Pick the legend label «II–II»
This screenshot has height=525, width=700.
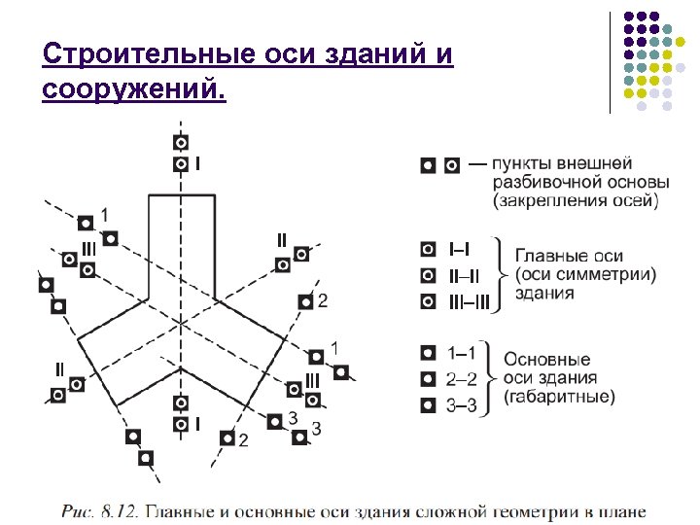point(465,276)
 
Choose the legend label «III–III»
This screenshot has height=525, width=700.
point(472,301)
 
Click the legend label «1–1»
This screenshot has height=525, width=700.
point(461,353)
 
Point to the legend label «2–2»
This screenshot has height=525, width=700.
point(461,379)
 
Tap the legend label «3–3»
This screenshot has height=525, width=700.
point(461,404)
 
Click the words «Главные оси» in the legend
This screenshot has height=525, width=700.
point(569,256)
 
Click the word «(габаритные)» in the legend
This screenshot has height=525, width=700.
point(559,397)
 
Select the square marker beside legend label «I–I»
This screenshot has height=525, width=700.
point(428,251)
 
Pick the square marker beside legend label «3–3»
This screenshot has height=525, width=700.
point(428,404)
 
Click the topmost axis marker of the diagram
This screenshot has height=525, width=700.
point(181,143)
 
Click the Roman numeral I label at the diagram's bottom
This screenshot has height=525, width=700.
point(198,424)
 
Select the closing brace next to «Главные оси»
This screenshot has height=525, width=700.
point(501,275)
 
